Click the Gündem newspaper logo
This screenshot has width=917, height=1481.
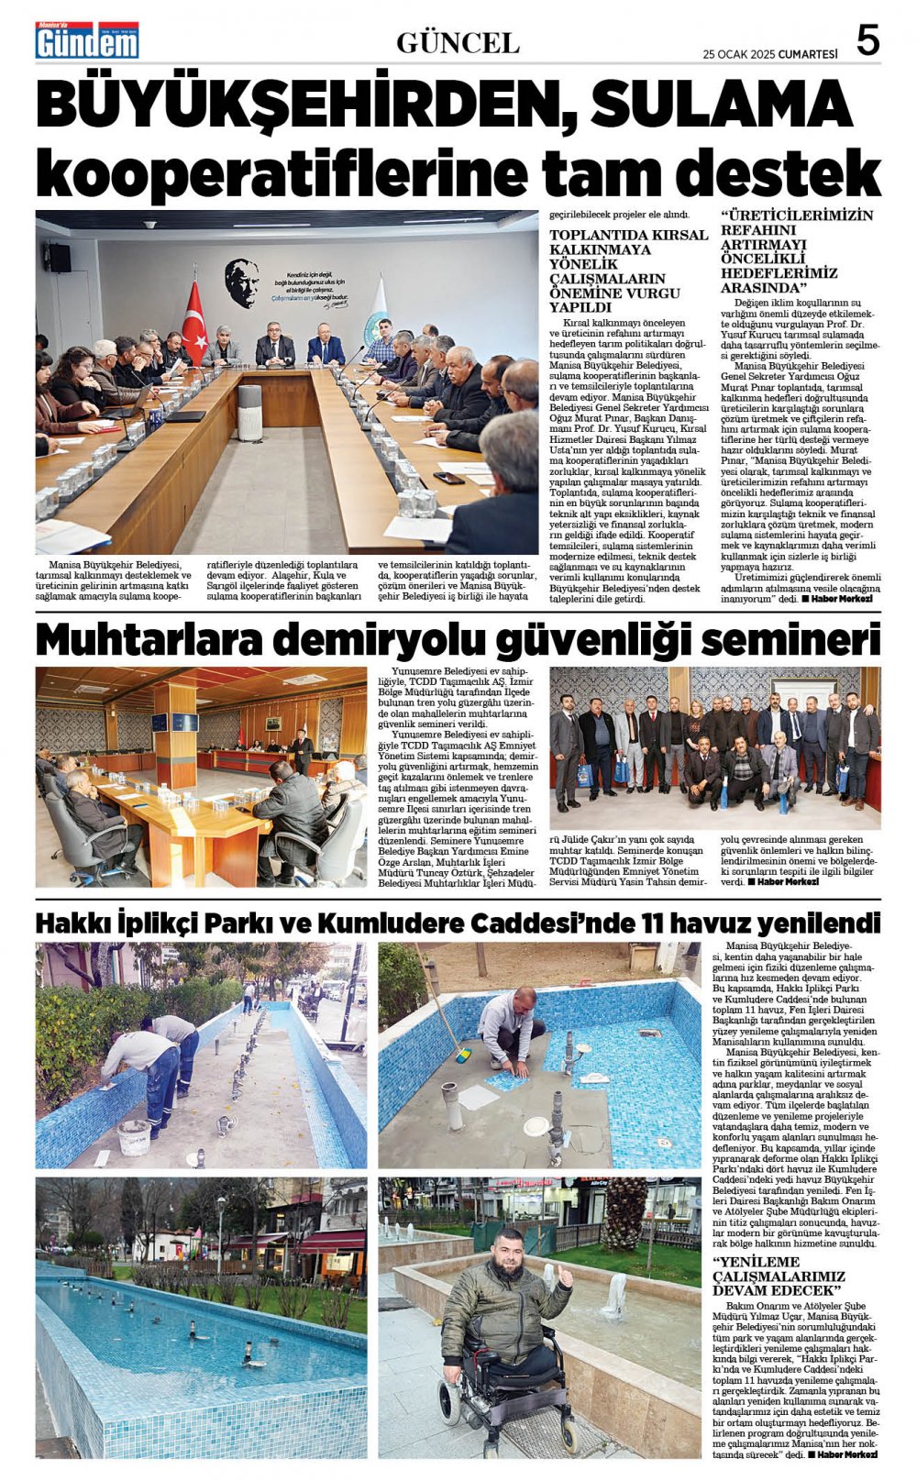pyautogui.click(x=87, y=41)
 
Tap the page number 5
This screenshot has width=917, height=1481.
pyautogui.click(x=867, y=41)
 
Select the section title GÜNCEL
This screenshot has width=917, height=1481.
pyautogui.click(x=458, y=42)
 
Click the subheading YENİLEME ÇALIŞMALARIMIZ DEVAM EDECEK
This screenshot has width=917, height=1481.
pyautogui.click(x=779, y=1277)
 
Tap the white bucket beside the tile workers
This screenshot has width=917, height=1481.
pyautogui.click(x=134, y=1136)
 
